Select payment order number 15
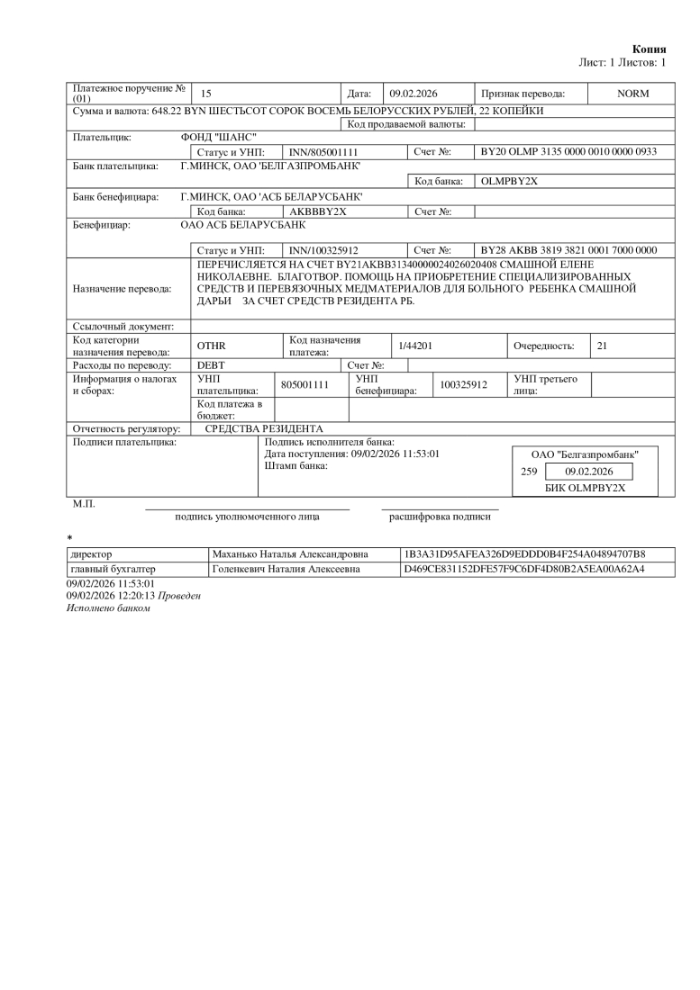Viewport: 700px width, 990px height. click(x=206, y=94)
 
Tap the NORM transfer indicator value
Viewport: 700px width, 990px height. click(x=632, y=94)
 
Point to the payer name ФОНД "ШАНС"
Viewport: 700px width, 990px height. click(x=219, y=138)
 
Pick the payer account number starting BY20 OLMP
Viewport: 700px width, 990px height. click(x=569, y=153)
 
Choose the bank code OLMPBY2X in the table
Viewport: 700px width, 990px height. click(x=510, y=181)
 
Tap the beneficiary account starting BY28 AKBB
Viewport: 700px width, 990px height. click(x=569, y=249)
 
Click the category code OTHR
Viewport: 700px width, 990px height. click(x=212, y=346)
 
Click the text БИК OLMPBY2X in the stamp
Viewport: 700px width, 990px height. click(x=585, y=487)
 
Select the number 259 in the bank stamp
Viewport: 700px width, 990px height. click(x=529, y=471)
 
